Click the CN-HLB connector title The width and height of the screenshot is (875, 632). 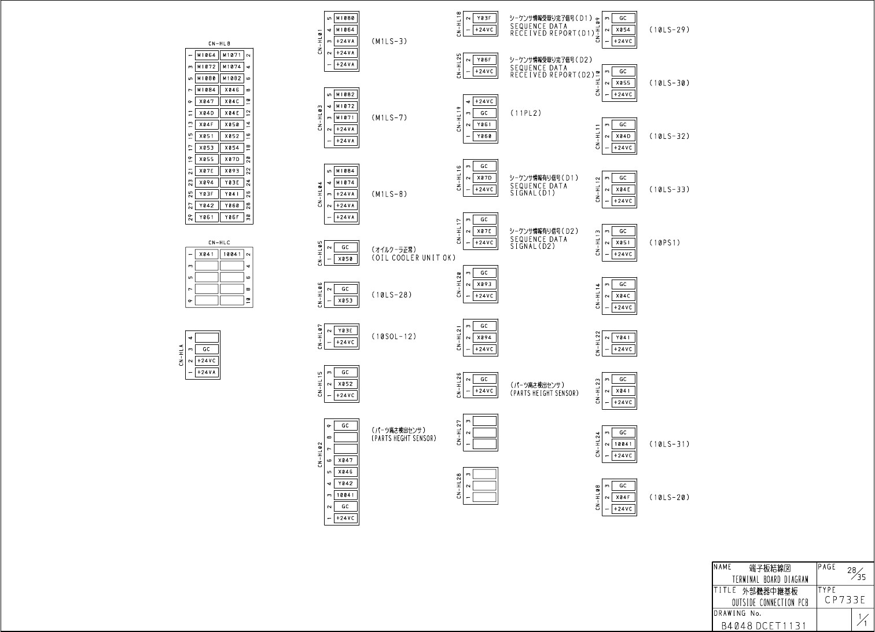coord(219,43)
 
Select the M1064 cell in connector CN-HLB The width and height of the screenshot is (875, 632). coord(207,56)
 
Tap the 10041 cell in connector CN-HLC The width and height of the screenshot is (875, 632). coord(232,254)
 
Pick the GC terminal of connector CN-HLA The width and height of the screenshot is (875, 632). coord(207,350)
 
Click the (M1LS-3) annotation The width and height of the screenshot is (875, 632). coord(389,42)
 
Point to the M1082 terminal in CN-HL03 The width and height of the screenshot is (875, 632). coord(345,95)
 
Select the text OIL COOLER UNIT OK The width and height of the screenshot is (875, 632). coord(413,258)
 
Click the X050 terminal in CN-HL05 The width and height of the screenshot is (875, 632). coord(345,259)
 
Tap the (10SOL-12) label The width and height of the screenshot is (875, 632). coord(394,337)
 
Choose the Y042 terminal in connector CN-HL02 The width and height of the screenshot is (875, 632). coord(345,484)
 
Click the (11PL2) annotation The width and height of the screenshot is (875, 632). coord(525,113)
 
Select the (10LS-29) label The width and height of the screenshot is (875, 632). coord(669,30)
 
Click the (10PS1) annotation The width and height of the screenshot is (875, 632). coord(664,243)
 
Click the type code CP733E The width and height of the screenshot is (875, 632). coord(845,600)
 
